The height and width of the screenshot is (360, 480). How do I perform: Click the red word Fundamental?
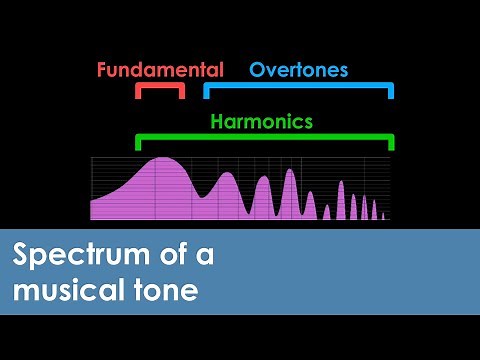coord(160,70)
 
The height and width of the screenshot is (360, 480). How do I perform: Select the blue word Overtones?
coord(298,70)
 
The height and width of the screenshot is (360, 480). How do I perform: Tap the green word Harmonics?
coord(261,122)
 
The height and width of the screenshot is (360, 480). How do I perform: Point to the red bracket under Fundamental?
coord(160,86)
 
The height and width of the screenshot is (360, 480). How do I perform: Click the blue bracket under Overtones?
coord(298,86)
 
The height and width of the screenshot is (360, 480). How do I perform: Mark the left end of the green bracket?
coord(137,143)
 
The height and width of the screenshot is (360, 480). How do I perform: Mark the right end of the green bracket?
coord(391,143)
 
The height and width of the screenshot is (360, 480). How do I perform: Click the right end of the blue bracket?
coord(391,93)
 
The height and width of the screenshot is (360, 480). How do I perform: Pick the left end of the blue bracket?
coord(206,93)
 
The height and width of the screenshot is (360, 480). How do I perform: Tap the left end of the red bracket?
coord(138,93)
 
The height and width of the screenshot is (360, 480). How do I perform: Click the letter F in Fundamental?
coord(103,70)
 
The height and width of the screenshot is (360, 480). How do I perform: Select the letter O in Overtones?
coord(257,70)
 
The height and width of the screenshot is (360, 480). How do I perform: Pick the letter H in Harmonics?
coord(217,122)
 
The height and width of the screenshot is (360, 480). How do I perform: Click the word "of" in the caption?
coord(169,256)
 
